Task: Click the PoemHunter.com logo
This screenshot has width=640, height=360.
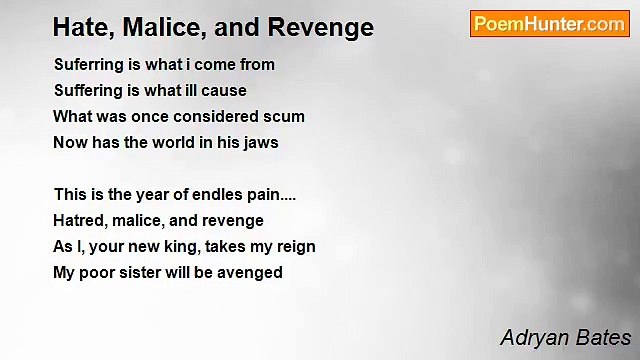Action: click(549, 24)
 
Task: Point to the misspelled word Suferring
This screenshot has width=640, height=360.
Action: click(87, 65)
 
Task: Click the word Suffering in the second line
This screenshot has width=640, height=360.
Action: click(88, 91)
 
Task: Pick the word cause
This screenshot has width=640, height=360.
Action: click(225, 91)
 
